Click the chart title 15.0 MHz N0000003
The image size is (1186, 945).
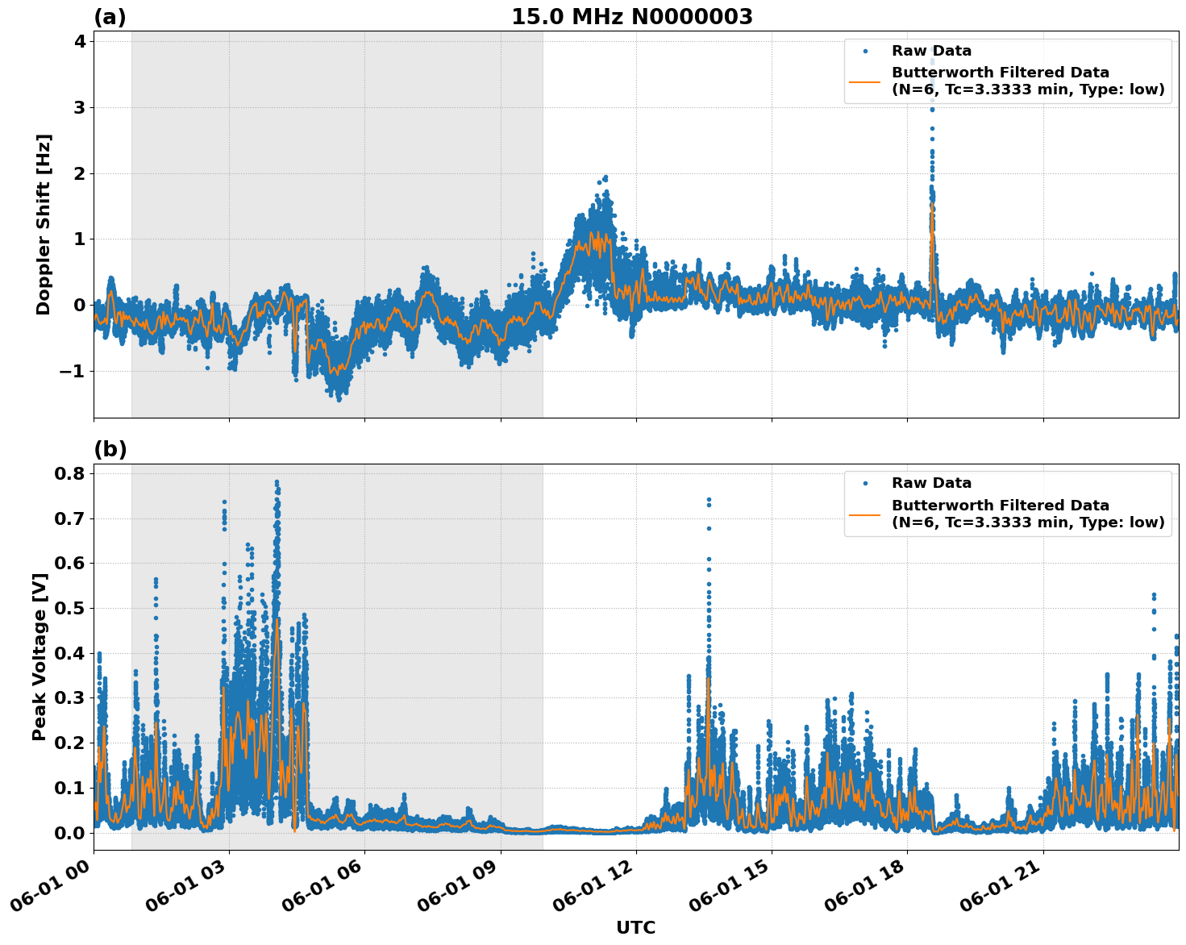tap(631, 17)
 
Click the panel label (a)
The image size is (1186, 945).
tap(110, 17)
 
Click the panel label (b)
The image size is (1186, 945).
tap(110, 449)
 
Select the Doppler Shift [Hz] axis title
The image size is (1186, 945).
tap(44, 224)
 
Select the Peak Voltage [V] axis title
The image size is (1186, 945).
tap(40, 656)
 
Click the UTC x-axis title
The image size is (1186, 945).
tap(635, 927)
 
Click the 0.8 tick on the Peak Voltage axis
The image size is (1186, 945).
tap(69, 473)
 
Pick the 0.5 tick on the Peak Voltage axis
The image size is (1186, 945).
tap(69, 608)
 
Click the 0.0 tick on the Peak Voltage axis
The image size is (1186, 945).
tap(69, 833)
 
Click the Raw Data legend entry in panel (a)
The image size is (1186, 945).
tap(931, 52)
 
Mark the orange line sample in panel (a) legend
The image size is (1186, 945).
tap(865, 81)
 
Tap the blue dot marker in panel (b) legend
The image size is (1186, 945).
tap(865, 484)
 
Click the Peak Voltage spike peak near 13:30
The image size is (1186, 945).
tap(709, 500)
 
